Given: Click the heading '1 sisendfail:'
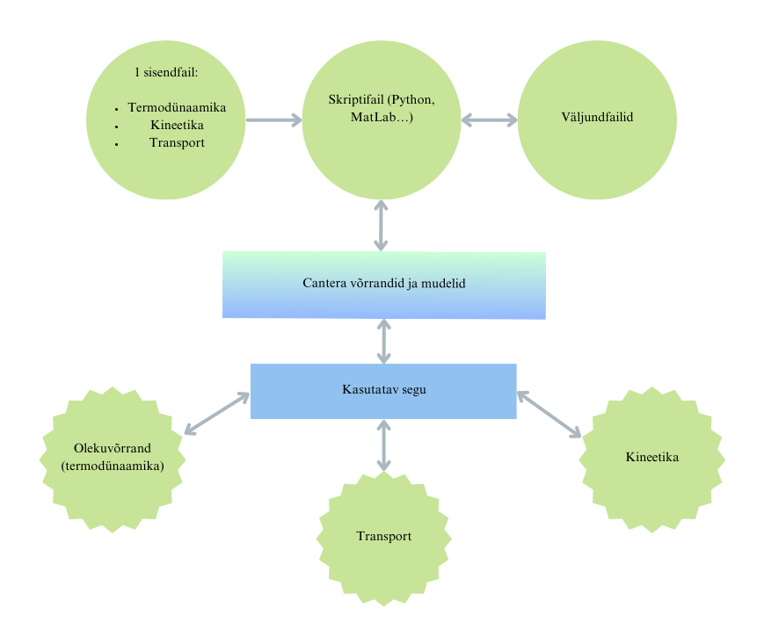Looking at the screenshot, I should pyautogui.click(x=166, y=72).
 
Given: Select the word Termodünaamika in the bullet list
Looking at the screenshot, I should pyautogui.click(x=177, y=108).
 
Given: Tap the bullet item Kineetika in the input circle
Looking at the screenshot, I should pyautogui.click(x=177, y=125).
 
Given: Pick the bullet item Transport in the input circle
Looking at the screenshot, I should pyautogui.click(x=177, y=142).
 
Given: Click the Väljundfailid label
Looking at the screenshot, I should pyautogui.click(x=597, y=117).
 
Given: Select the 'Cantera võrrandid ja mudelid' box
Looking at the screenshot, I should pyautogui.click(x=383, y=285).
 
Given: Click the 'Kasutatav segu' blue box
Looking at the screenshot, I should pyautogui.click(x=383, y=389).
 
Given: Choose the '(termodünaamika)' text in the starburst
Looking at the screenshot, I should pyautogui.click(x=113, y=467).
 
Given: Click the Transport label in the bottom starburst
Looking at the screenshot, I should pyautogui.click(x=383, y=537).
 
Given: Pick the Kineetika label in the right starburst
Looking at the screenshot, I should pyautogui.click(x=652, y=457).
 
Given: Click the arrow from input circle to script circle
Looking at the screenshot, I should pyautogui.click(x=273, y=119).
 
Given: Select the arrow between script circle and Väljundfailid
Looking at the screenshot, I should pyautogui.click(x=490, y=119).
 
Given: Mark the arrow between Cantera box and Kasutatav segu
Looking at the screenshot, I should pyautogui.click(x=383, y=341).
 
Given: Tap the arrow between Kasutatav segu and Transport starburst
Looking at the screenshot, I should pyautogui.click(x=383, y=444).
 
